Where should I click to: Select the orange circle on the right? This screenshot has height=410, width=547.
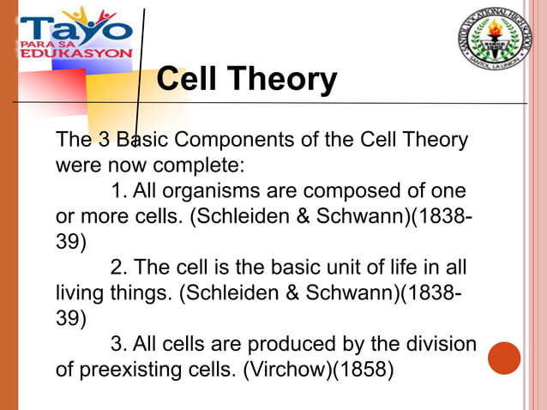click(504, 359)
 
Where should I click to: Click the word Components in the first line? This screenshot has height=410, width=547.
click(232, 139)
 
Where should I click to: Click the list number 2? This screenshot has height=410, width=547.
click(119, 267)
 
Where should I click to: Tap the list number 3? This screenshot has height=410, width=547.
click(119, 345)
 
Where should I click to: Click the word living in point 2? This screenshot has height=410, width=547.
click(78, 293)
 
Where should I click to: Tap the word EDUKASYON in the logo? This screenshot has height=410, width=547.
click(75, 51)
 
